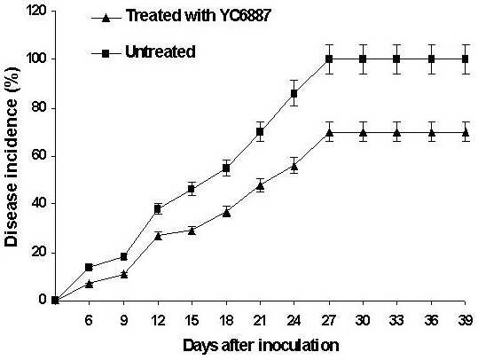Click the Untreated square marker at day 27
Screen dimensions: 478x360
click(329, 59)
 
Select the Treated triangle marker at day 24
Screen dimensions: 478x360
click(294, 166)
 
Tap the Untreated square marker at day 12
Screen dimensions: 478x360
click(158, 209)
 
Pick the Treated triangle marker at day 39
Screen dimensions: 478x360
click(466, 133)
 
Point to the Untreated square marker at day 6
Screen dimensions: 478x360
click(89, 267)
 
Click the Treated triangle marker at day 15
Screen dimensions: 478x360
click(192, 231)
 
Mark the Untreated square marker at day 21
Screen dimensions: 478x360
click(260, 132)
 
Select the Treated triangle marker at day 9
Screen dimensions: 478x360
click(123, 274)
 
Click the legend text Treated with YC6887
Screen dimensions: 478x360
click(198, 15)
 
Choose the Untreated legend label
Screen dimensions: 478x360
click(161, 51)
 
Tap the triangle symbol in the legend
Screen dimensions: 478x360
click(106, 19)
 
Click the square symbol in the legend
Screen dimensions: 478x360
click(106, 54)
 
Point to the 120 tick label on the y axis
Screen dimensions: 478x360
click(36, 12)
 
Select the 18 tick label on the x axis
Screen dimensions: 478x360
click(226, 320)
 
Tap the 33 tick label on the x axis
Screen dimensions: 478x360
click(396, 320)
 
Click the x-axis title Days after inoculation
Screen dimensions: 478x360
click(261, 346)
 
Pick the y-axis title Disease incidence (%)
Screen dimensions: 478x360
click(12, 156)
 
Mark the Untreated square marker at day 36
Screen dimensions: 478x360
click(431, 59)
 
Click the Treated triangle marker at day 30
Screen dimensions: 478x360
click(363, 133)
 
